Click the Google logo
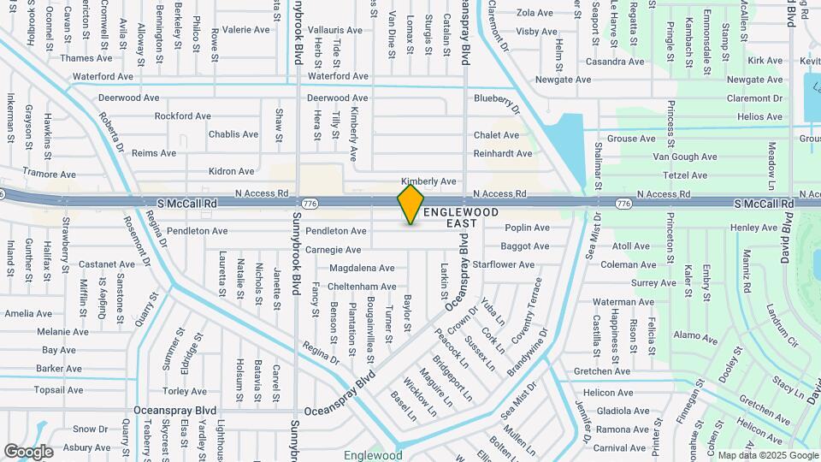29,451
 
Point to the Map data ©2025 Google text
766,456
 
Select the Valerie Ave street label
246,29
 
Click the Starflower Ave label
504,265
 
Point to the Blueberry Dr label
498,102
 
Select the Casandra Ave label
614,62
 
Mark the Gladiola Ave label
623,411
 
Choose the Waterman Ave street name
623,302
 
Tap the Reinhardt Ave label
504,154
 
